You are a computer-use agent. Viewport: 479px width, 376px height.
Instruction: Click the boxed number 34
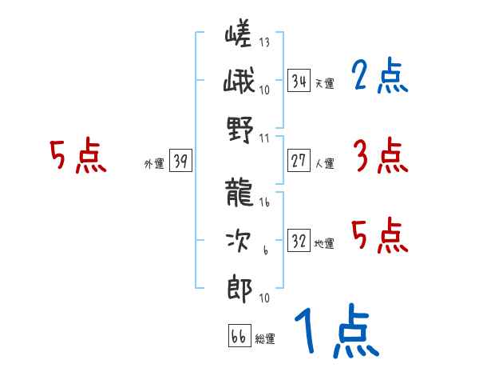point(299,81)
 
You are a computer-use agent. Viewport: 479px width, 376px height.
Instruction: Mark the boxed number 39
point(180,162)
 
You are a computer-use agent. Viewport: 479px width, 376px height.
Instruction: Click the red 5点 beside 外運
point(77,156)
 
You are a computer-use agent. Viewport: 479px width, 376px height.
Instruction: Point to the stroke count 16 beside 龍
point(264,202)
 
